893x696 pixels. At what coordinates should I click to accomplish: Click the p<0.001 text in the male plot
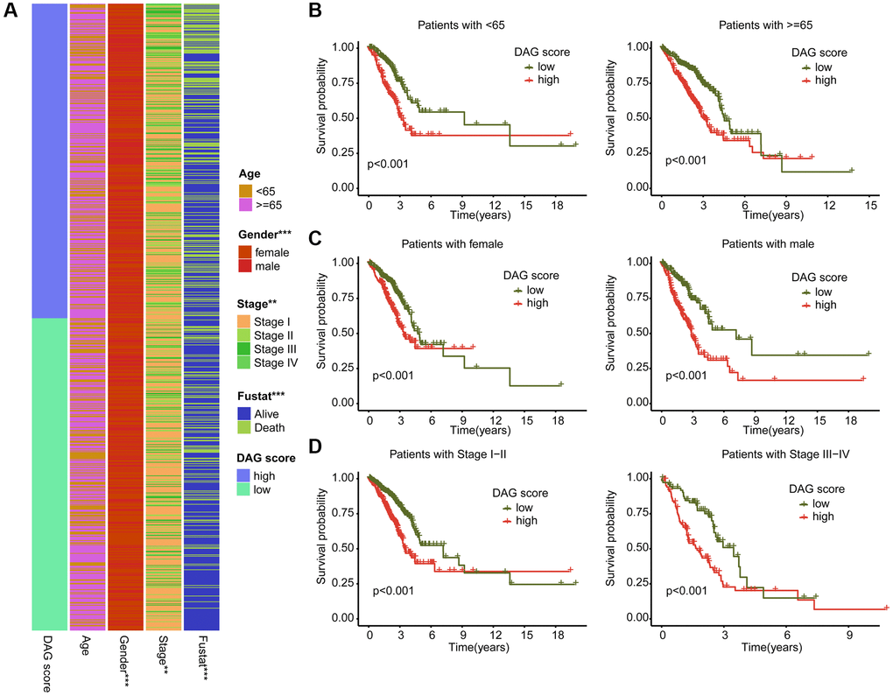(686, 376)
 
